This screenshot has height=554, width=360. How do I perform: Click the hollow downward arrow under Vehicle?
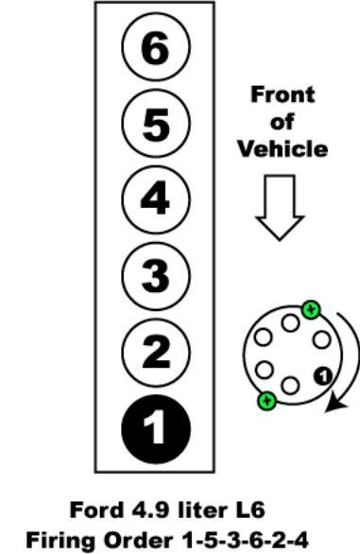tap(282, 207)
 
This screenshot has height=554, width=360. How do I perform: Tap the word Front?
tap(282, 95)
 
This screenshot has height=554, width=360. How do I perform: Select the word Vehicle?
tap(282, 149)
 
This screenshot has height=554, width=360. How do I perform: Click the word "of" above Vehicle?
tap(282, 123)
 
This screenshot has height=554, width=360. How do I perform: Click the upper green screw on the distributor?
tap(310, 308)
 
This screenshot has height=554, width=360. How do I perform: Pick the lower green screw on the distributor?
tap(266, 400)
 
